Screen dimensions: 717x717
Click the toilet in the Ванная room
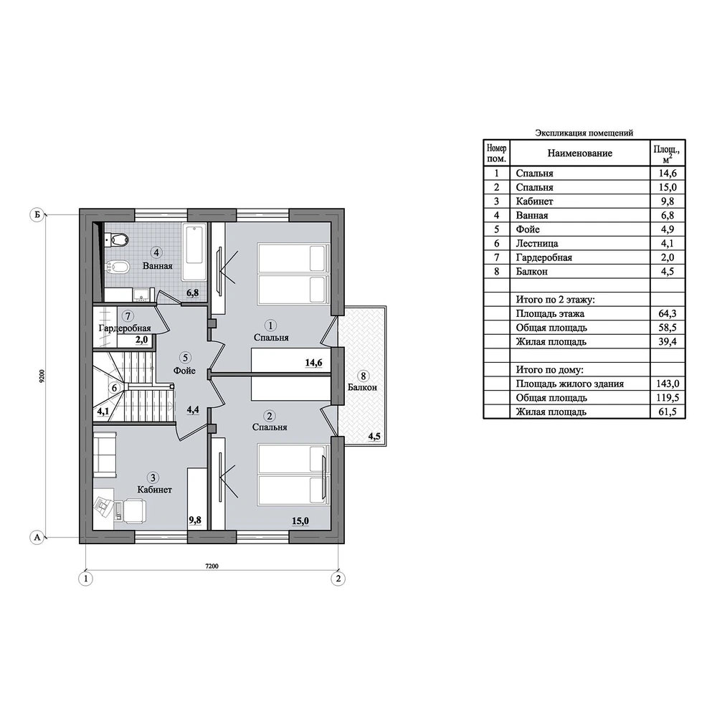pyautogui.click(x=117, y=239)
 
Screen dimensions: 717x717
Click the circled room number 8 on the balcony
pyautogui.click(x=364, y=376)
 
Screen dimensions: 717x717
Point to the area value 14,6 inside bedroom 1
pyautogui.click(x=314, y=363)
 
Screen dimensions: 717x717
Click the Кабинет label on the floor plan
pyautogui.click(x=155, y=490)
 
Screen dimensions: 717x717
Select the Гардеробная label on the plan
pyautogui.click(x=125, y=328)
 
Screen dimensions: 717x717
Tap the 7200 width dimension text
pyautogui.click(x=212, y=566)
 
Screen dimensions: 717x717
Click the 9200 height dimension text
pyautogui.click(x=42, y=376)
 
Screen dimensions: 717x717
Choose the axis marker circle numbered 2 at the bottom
pyautogui.click(x=338, y=579)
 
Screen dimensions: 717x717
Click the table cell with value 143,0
pyautogui.click(x=667, y=384)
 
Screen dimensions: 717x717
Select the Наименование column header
pyautogui.click(x=580, y=153)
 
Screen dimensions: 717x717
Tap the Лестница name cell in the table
pyautogui.click(x=537, y=243)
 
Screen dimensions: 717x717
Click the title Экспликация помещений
pyautogui.click(x=584, y=133)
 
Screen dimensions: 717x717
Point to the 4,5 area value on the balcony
pyautogui.click(x=374, y=436)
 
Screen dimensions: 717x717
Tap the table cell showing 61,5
pyautogui.click(x=667, y=412)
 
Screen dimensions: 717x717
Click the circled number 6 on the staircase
pyautogui.click(x=115, y=388)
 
